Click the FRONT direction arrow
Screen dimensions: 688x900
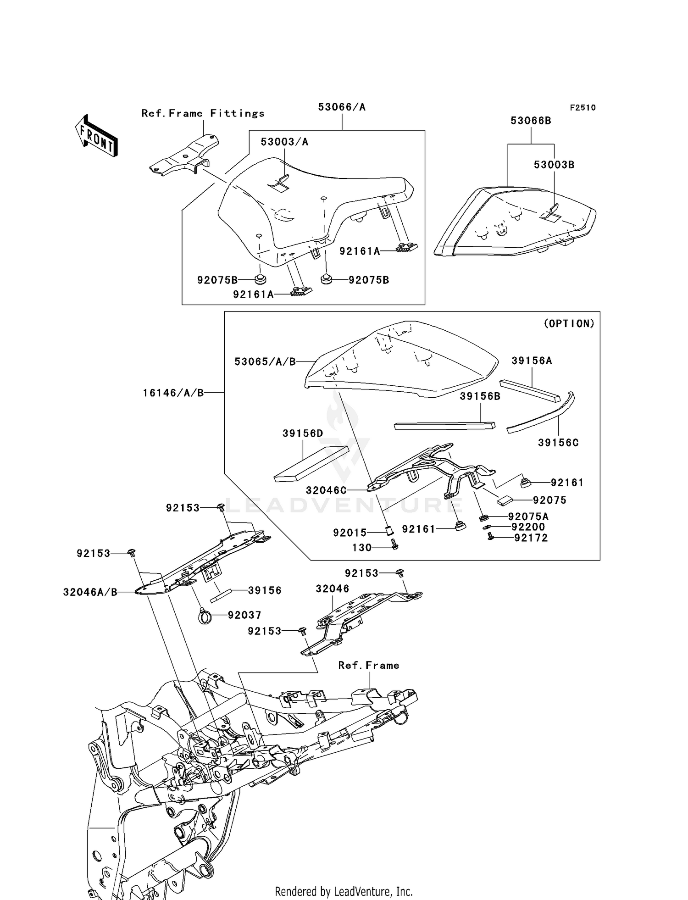click(96, 136)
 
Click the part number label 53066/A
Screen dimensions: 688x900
click(342, 107)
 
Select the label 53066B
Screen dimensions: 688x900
click(531, 121)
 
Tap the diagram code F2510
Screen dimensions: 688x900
click(583, 107)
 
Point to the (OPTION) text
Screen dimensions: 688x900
click(569, 323)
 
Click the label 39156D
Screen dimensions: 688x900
click(303, 433)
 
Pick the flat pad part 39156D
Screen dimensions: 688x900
click(311, 464)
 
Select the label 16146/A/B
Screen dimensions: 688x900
click(173, 393)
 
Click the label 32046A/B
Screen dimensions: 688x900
click(90, 592)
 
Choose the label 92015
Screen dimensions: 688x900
click(350, 533)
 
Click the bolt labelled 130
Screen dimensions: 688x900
click(394, 544)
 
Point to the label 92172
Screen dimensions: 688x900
click(531, 538)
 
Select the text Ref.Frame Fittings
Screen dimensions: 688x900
click(203, 113)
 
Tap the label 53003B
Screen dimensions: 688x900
click(554, 165)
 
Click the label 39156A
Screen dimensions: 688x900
click(532, 361)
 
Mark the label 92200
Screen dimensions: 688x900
click(528, 527)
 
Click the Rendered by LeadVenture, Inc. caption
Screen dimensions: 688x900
click(344, 891)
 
